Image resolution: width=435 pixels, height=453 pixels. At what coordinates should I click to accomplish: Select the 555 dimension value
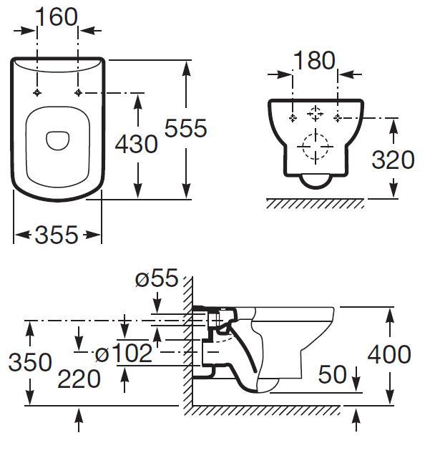pos(185,129)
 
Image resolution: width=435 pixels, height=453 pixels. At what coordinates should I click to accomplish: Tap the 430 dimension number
pos(136,145)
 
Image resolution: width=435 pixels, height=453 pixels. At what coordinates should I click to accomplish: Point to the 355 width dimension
pos(57,235)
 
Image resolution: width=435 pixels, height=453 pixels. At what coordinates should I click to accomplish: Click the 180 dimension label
pos(315,61)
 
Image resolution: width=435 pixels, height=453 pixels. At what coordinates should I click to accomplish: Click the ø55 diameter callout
pos(156,279)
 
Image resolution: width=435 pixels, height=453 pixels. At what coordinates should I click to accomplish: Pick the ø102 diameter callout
pos(124,353)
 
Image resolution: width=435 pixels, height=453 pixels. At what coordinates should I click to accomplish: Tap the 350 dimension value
pos(30,362)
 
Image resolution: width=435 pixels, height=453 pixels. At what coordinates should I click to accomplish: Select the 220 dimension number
pos(79,379)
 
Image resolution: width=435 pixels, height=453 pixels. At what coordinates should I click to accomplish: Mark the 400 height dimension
pos(389,354)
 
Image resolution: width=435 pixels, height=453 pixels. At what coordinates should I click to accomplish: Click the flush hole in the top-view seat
pos(57,140)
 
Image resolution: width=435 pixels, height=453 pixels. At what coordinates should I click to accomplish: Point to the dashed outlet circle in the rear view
pos(315,148)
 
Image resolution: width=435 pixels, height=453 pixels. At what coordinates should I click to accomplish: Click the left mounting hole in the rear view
pos(292,117)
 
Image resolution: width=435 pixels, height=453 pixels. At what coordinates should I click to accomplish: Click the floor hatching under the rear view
pos(315,203)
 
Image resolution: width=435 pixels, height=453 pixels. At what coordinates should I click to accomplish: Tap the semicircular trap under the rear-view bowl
pos(315,181)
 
